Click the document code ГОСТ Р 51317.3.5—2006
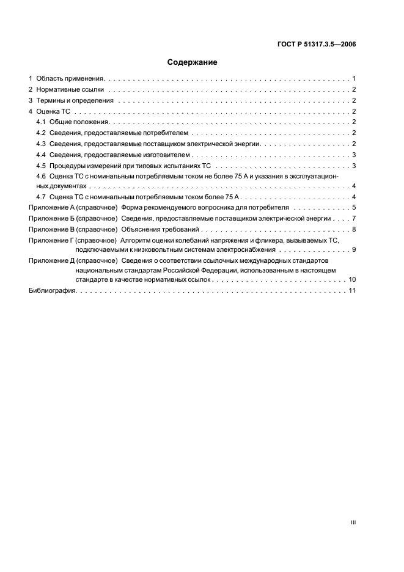pyautogui.click(x=317, y=44)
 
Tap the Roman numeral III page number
pyautogui.click(x=353, y=522)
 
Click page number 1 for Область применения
pyautogui.click(x=354, y=79)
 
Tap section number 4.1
pyautogui.click(x=41, y=122)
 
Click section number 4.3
pyautogui.click(x=41, y=144)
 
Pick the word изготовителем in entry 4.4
pyautogui.click(x=167, y=155)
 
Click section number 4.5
pyautogui.click(x=41, y=166)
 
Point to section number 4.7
pyautogui.click(x=41, y=197)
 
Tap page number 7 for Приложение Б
pyautogui.click(x=354, y=218)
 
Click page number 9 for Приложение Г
pyautogui.click(x=354, y=250)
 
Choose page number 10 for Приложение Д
pyautogui.click(x=353, y=279)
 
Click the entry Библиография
pyautogui.click(x=53, y=290)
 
